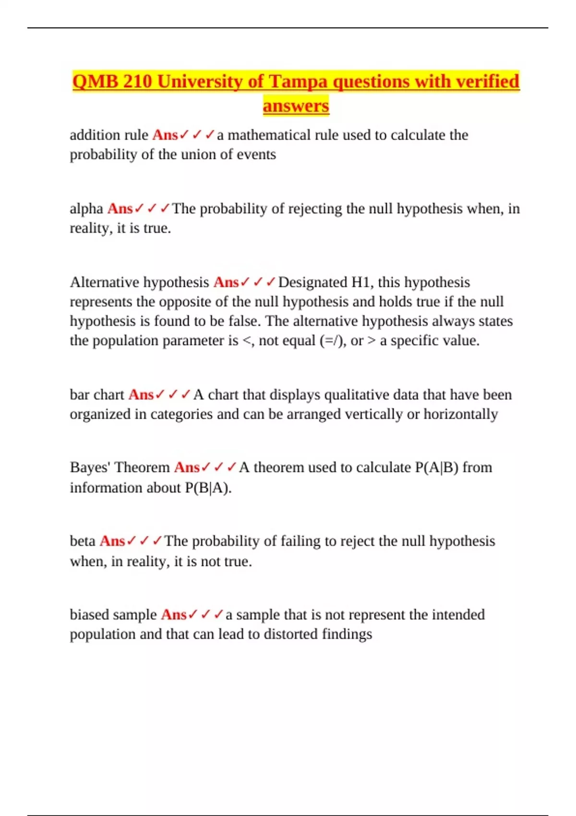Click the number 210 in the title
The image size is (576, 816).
[x=137, y=82]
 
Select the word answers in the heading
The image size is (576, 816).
[x=296, y=106]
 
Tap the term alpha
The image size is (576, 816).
[x=86, y=209]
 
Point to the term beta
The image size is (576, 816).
[x=83, y=541]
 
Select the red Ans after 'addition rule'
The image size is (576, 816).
[x=165, y=135]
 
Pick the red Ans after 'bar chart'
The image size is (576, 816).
[x=141, y=395]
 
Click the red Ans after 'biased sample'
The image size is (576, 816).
[x=173, y=614]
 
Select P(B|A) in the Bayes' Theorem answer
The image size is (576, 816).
[x=207, y=488]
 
